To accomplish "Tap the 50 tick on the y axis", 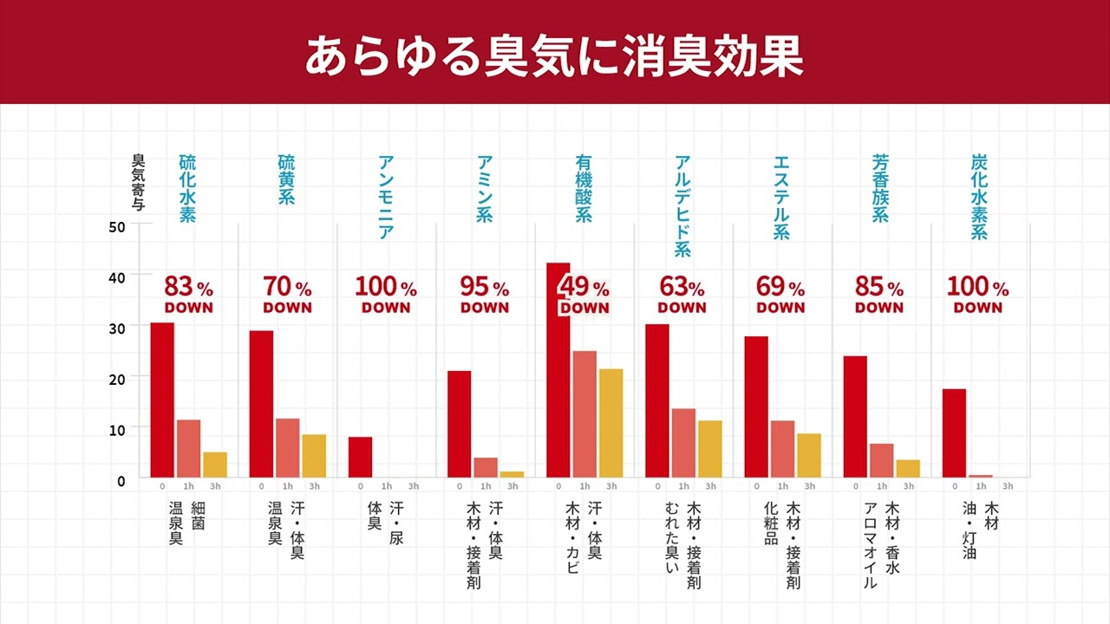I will tap(117, 226).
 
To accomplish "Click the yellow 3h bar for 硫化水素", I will tap(215, 465).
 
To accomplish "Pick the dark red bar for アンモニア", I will tap(360, 457).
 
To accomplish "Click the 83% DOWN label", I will tap(188, 295).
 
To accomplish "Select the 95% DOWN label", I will tap(485, 295).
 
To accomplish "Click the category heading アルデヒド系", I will tap(682, 205).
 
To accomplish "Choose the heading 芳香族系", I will tap(880, 188).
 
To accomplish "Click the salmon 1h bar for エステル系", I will tap(782, 449).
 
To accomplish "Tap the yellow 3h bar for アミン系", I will tap(512, 474).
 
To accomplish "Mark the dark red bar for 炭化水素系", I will tap(954, 432).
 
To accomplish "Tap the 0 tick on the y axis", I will tap(121, 479).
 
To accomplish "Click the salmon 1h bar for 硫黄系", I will tap(287, 447).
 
